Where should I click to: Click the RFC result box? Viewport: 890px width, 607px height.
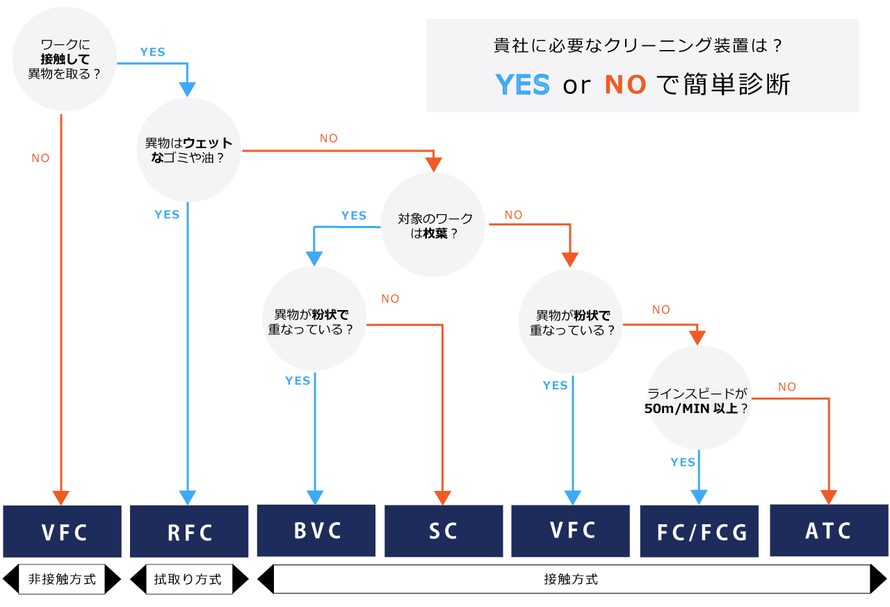(189, 531)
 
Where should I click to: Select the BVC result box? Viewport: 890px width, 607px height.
(316, 531)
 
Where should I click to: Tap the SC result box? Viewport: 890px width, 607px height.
(444, 531)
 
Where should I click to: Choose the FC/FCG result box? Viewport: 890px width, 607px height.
(699, 531)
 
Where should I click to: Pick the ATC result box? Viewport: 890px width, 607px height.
(829, 531)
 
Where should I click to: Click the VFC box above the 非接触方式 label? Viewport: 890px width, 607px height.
(63, 531)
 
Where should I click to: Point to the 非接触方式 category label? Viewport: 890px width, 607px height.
(62, 579)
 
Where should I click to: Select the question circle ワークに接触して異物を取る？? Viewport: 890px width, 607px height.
(65, 59)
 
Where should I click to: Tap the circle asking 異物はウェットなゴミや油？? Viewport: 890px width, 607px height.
(188, 150)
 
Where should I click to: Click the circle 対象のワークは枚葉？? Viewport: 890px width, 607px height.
(433, 225)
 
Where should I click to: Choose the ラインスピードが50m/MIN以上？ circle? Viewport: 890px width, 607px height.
(699, 398)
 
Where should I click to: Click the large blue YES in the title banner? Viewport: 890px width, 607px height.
(523, 84)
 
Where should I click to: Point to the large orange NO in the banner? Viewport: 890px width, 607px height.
(625, 85)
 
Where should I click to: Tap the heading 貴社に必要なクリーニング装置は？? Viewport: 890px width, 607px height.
(638, 45)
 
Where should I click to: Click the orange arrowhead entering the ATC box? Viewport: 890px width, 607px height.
(829, 497)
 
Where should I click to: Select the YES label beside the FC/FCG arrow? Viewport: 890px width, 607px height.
(683, 462)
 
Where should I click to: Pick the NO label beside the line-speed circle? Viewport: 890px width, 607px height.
(787, 387)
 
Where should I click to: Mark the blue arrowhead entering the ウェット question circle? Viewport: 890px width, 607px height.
(187, 90)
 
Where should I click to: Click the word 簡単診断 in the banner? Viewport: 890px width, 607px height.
(736, 84)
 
